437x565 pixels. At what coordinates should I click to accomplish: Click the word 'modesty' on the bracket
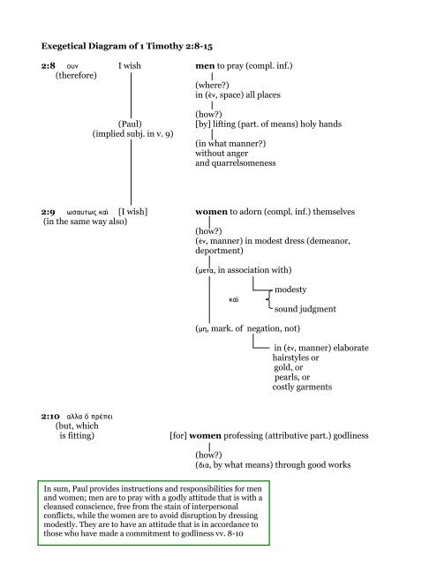(291, 290)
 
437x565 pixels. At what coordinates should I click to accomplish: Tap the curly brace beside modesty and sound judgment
(267, 300)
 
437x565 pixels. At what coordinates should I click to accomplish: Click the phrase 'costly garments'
(303, 388)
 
